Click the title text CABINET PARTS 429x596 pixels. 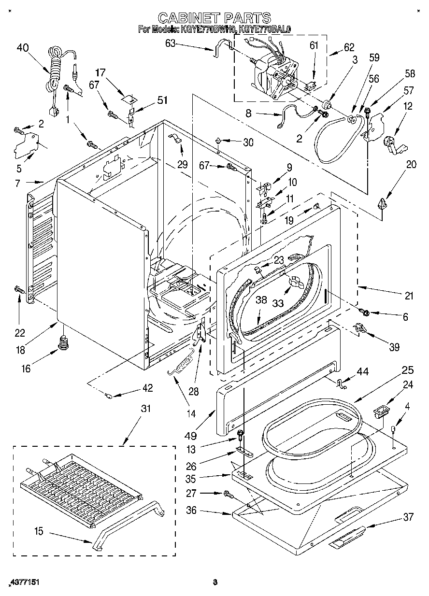click(214, 18)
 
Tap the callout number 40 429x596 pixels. click(23, 48)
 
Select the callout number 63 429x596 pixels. click(171, 43)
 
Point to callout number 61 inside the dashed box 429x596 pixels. click(314, 45)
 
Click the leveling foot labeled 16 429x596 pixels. click(63, 342)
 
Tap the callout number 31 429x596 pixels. click(145, 408)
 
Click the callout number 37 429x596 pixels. click(409, 517)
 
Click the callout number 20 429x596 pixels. click(412, 164)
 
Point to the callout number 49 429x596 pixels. click(190, 436)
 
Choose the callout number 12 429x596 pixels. click(408, 106)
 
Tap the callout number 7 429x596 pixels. click(17, 183)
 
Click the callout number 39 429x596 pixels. click(394, 347)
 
